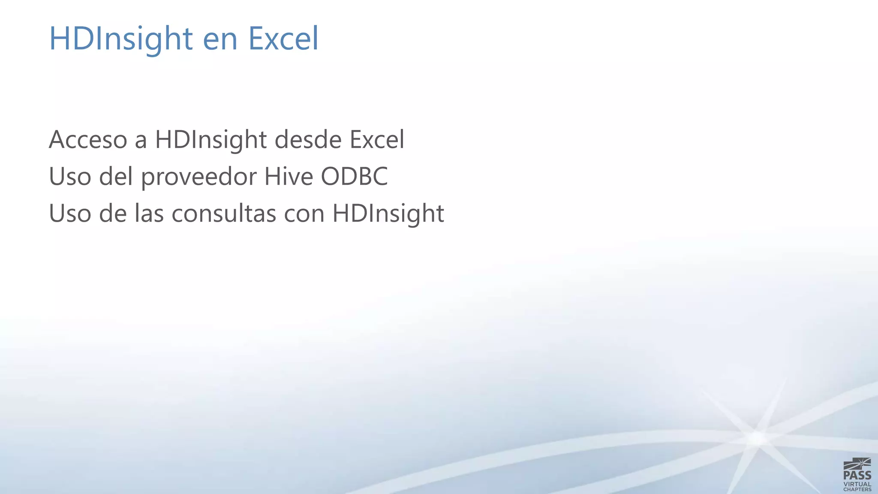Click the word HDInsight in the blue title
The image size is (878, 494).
121,39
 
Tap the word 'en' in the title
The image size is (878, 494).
220,39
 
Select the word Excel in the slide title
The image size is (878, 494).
283,39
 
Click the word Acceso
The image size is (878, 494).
88,140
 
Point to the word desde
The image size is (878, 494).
308,140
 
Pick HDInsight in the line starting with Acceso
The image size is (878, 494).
211,141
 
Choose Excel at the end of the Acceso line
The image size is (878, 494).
377,140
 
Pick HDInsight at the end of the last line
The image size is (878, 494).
388,214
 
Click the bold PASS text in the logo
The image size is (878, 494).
857,475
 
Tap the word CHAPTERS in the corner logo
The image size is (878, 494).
857,489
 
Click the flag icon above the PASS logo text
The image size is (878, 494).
857,464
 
